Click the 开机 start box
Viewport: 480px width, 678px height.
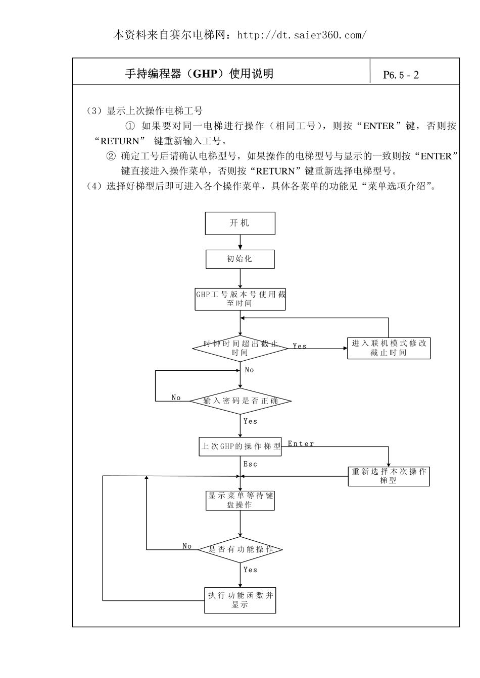click(240, 223)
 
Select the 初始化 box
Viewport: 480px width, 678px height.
click(240, 259)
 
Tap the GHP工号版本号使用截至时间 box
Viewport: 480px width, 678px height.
click(240, 299)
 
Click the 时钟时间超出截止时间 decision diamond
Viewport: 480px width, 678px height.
click(240, 348)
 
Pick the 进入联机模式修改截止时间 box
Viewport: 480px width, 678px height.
click(389, 348)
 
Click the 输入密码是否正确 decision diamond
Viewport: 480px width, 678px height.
click(240, 401)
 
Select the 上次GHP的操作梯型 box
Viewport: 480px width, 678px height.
click(240, 446)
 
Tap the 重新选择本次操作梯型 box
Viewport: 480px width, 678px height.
click(389, 476)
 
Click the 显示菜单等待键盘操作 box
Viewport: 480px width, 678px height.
click(240, 500)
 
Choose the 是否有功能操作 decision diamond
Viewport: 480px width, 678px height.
click(240, 549)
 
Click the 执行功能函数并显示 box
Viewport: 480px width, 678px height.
click(240, 600)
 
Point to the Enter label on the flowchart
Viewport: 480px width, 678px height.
click(301, 444)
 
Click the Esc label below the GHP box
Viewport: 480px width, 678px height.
click(250, 464)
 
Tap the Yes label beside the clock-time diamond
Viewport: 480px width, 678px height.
click(300, 346)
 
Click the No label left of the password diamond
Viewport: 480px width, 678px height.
click(176, 398)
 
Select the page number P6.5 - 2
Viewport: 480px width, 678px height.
click(401, 75)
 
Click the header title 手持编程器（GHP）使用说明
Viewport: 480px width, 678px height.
click(199, 74)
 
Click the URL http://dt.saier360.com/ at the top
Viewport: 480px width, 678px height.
click(302, 35)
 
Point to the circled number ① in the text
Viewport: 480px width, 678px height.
click(130, 126)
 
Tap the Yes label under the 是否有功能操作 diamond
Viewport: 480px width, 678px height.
click(250, 570)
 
